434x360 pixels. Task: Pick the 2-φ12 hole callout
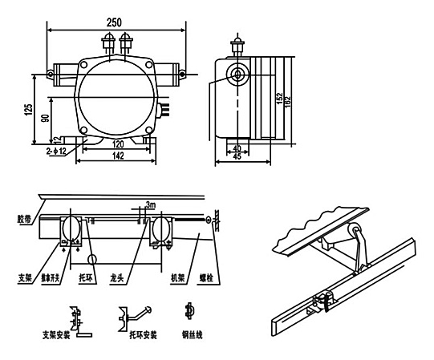point(58,149)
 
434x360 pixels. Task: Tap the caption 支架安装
point(77,334)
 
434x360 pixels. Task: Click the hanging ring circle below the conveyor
point(93,259)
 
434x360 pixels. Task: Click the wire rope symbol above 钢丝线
point(189,309)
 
